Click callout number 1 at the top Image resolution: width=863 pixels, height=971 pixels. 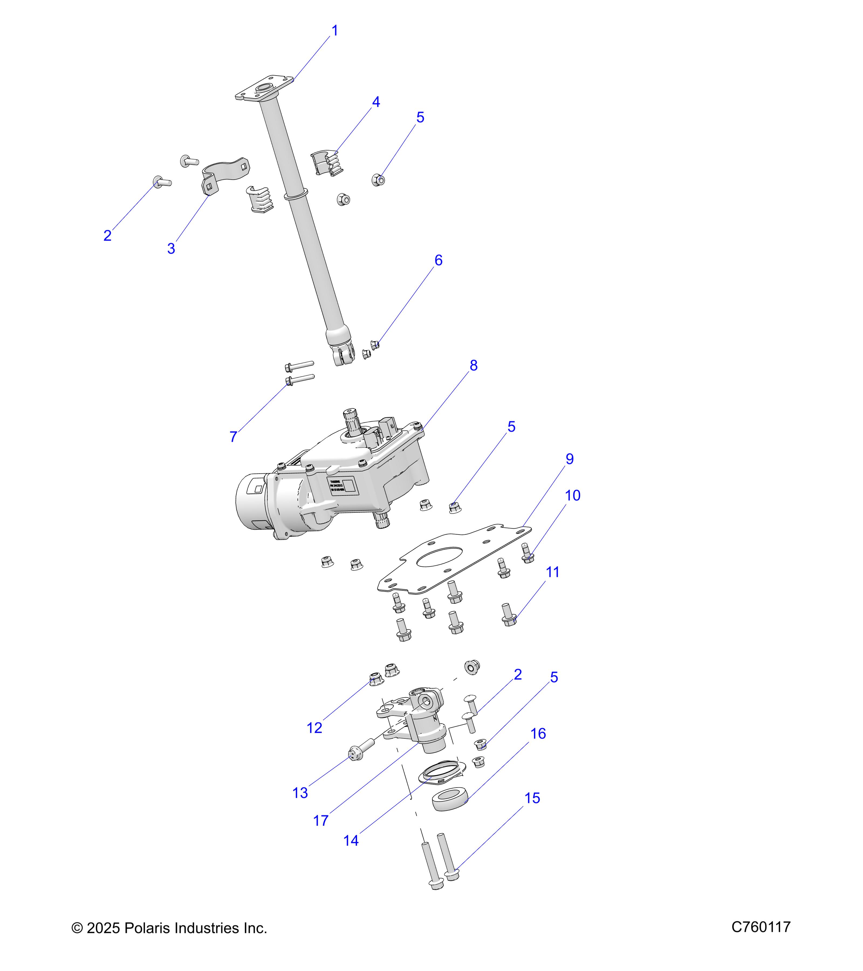(x=335, y=31)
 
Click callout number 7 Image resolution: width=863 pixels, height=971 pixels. (x=233, y=437)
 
